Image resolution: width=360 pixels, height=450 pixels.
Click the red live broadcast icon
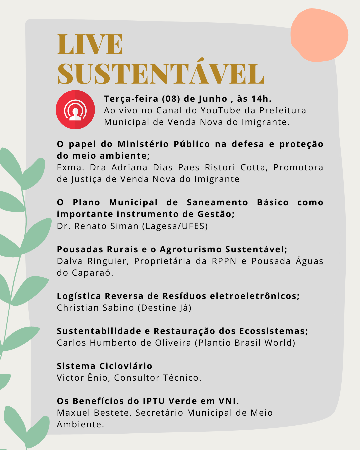(75, 110)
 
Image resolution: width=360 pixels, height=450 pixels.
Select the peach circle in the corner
(319, 35)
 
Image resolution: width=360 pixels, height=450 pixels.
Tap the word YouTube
(221, 110)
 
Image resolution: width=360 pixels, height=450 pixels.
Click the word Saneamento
(217, 202)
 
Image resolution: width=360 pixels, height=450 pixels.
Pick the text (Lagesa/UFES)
(175, 226)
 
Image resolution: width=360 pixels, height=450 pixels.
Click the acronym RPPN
(224, 261)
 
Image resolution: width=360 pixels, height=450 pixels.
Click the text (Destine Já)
(165, 308)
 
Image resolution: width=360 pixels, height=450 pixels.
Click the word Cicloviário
(126, 366)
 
